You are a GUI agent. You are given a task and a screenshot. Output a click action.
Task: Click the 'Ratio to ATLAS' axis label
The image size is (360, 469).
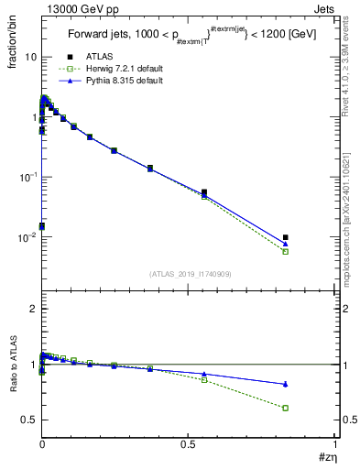tap(13, 363)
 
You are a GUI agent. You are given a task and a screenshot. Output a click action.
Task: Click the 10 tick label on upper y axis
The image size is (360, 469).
tap(30, 57)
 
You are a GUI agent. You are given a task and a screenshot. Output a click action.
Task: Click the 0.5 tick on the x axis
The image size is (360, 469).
tap(189, 442)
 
